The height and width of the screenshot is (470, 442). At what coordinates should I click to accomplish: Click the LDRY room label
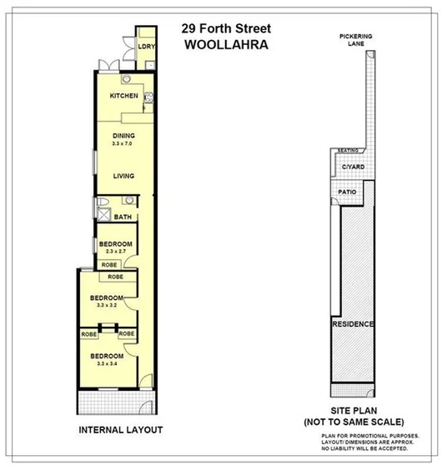pyautogui.click(x=146, y=47)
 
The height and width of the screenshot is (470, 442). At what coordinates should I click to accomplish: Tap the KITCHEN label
pyautogui.click(x=124, y=97)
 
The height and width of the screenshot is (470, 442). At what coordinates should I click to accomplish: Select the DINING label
pyautogui.click(x=124, y=136)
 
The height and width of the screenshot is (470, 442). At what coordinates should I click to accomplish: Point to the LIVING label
pyautogui.click(x=124, y=175)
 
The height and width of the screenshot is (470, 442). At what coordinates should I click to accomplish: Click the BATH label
pyautogui.click(x=123, y=218)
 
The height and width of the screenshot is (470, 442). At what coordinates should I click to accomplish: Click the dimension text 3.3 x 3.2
pyautogui.click(x=108, y=305)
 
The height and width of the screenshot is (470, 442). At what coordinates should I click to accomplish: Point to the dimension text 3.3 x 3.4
pyautogui.click(x=108, y=363)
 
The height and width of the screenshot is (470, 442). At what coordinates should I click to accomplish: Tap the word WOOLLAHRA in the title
pyautogui.click(x=226, y=46)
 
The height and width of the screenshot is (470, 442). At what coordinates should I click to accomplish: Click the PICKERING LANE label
pyautogui.click(x=355, y=41)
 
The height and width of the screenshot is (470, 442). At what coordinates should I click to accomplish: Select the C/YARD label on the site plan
pyautogui.click(x=354, y=168)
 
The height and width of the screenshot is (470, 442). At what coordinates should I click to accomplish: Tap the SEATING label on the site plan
pyautogui.click(x=348, y=151)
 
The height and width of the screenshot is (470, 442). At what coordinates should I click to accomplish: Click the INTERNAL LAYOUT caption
pyautogui.click(x=120, y=430)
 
